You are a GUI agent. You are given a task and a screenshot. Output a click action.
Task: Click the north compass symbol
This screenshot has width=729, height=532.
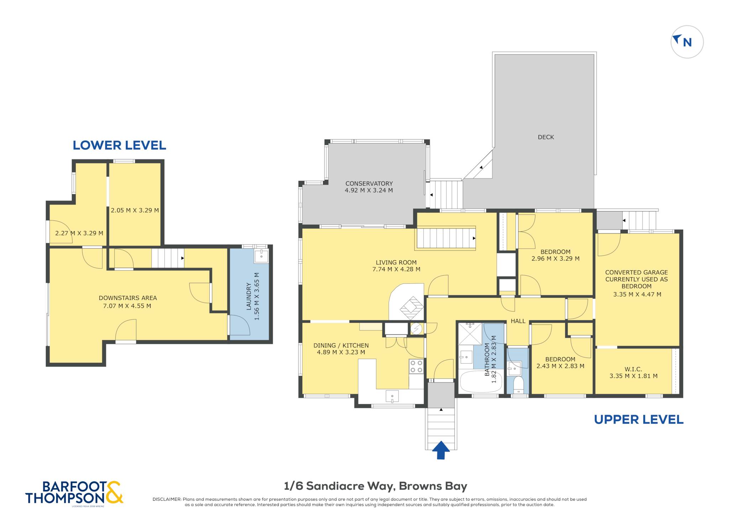(x=687, y=42)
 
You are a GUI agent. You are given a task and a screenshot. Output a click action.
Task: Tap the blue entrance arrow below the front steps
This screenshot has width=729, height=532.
(x=441, y=450)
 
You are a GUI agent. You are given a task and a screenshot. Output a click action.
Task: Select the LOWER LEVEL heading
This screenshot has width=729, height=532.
(x=119, y=145)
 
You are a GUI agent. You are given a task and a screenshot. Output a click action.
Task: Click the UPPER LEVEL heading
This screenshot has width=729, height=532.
(x=639, y=419)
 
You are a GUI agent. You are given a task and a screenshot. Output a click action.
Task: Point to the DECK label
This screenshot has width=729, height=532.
(x=546, y=137)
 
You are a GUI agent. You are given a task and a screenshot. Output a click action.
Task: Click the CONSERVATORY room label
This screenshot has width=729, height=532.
(x=369, y=183)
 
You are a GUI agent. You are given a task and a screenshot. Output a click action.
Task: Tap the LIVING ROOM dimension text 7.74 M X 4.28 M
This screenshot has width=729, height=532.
(x=396, y=269)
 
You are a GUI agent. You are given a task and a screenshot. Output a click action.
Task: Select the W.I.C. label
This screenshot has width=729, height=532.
(x=633, y=369)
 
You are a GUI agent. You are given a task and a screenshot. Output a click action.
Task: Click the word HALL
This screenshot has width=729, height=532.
(x=518, y=321)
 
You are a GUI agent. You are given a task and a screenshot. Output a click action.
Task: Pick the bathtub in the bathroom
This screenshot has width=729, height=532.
(x=481, y=381)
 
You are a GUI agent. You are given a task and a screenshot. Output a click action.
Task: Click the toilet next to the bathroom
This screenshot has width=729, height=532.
(x=518, y=385)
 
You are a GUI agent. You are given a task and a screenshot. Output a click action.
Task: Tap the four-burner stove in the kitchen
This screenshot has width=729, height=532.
(x=416, y=366)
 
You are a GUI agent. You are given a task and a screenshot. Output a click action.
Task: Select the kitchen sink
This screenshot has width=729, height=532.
(x=392, y=396)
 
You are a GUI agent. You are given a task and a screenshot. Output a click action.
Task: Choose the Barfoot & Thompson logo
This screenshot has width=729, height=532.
(x=74, y=493)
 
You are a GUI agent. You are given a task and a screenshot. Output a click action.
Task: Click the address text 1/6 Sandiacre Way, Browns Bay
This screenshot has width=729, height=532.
(x=376, y=486)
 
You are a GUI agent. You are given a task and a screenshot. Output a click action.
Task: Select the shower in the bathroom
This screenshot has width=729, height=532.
(x=470, y=334)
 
